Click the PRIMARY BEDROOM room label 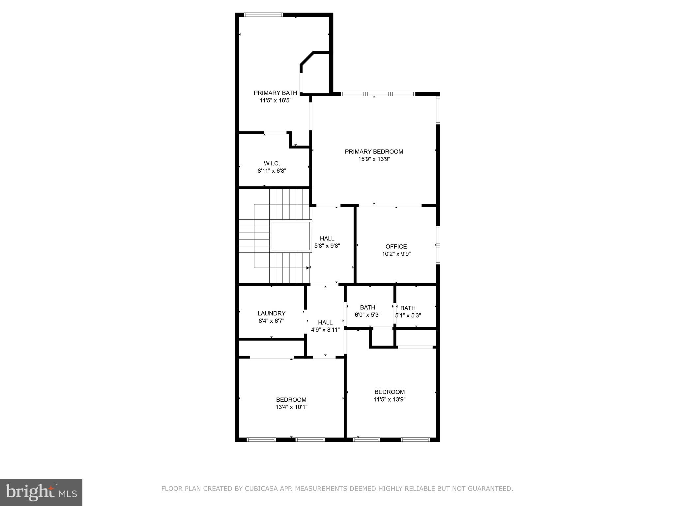click(374, 152)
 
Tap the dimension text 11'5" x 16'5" click(276, 100)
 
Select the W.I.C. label click(272, 163)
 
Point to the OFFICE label click(396, 246)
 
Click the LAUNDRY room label click(271, 313)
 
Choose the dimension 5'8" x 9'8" click(327, 246)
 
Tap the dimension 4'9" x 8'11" click(325, 330)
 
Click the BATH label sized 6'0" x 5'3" click(367, 307)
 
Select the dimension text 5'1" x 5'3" click(408, 315)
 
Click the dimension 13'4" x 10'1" click(291, 407)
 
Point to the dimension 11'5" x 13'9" click(390, 399)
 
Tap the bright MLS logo click(41, 492)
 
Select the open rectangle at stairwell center click(291, 236)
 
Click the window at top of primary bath click(263, 14)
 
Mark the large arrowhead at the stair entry click(308, 268)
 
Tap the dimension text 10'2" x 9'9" click(396, 254)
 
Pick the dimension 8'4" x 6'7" click(271, 321)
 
